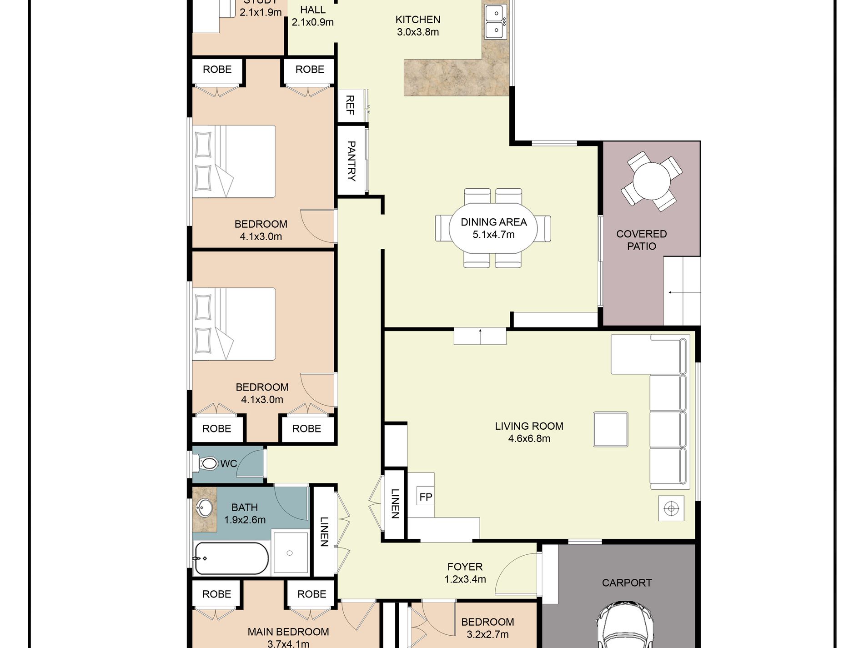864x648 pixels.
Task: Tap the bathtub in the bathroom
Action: tap(231, 558)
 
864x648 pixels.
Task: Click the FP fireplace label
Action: tap(426, 497)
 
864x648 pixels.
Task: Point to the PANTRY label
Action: tap(351, 161)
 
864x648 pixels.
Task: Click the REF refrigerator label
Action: tap(350, 105)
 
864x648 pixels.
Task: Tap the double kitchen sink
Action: tap(495, 22)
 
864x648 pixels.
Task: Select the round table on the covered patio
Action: tap(651, 181)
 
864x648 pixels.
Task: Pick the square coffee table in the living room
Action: tap(611, 429)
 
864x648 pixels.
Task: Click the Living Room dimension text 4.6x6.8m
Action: tap(529, 439)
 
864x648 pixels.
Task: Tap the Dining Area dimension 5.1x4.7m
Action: tap(493, 235)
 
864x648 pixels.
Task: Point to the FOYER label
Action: tap(465, 567)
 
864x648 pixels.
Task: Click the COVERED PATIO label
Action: tap(642, 240)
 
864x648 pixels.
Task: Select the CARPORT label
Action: tap(627, 583)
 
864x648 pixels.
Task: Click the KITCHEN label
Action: tap(418, 20)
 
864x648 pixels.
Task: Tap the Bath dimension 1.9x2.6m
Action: tap(245, 520)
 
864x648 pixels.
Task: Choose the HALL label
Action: tap(313, 10)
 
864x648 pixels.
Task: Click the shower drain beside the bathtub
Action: tap(290, 553)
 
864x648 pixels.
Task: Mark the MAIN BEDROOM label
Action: tap(288, 632)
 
